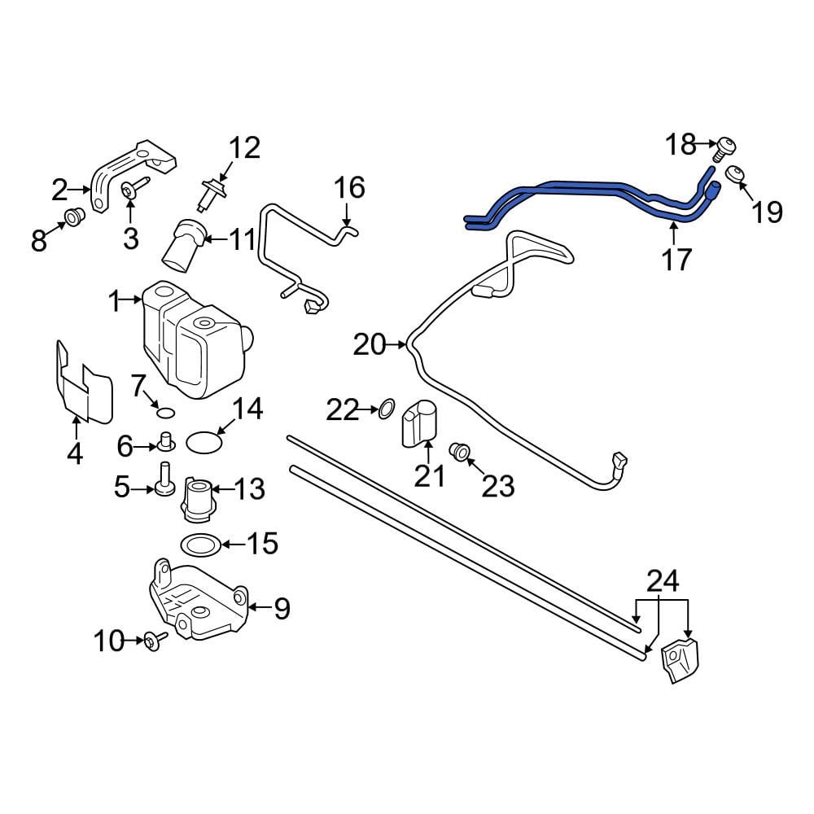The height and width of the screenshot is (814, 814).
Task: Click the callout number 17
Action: coord(676,259)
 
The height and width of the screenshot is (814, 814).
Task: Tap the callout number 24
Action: coord(663,581)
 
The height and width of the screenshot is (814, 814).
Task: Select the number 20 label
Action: coord(370,344)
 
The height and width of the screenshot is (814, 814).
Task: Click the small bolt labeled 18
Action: coord(725,148)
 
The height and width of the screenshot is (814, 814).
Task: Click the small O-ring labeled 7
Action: coord(165,413)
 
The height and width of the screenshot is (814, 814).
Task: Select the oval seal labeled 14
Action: coord(204,442)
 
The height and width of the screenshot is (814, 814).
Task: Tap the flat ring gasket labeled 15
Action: coord(200,545)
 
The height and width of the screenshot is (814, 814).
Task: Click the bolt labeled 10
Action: coord(155,640)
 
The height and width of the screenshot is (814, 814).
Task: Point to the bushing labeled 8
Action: coord(75,217)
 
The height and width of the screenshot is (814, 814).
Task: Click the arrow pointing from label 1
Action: coord(132,300)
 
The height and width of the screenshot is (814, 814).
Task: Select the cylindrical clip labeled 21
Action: coord(419,423)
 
